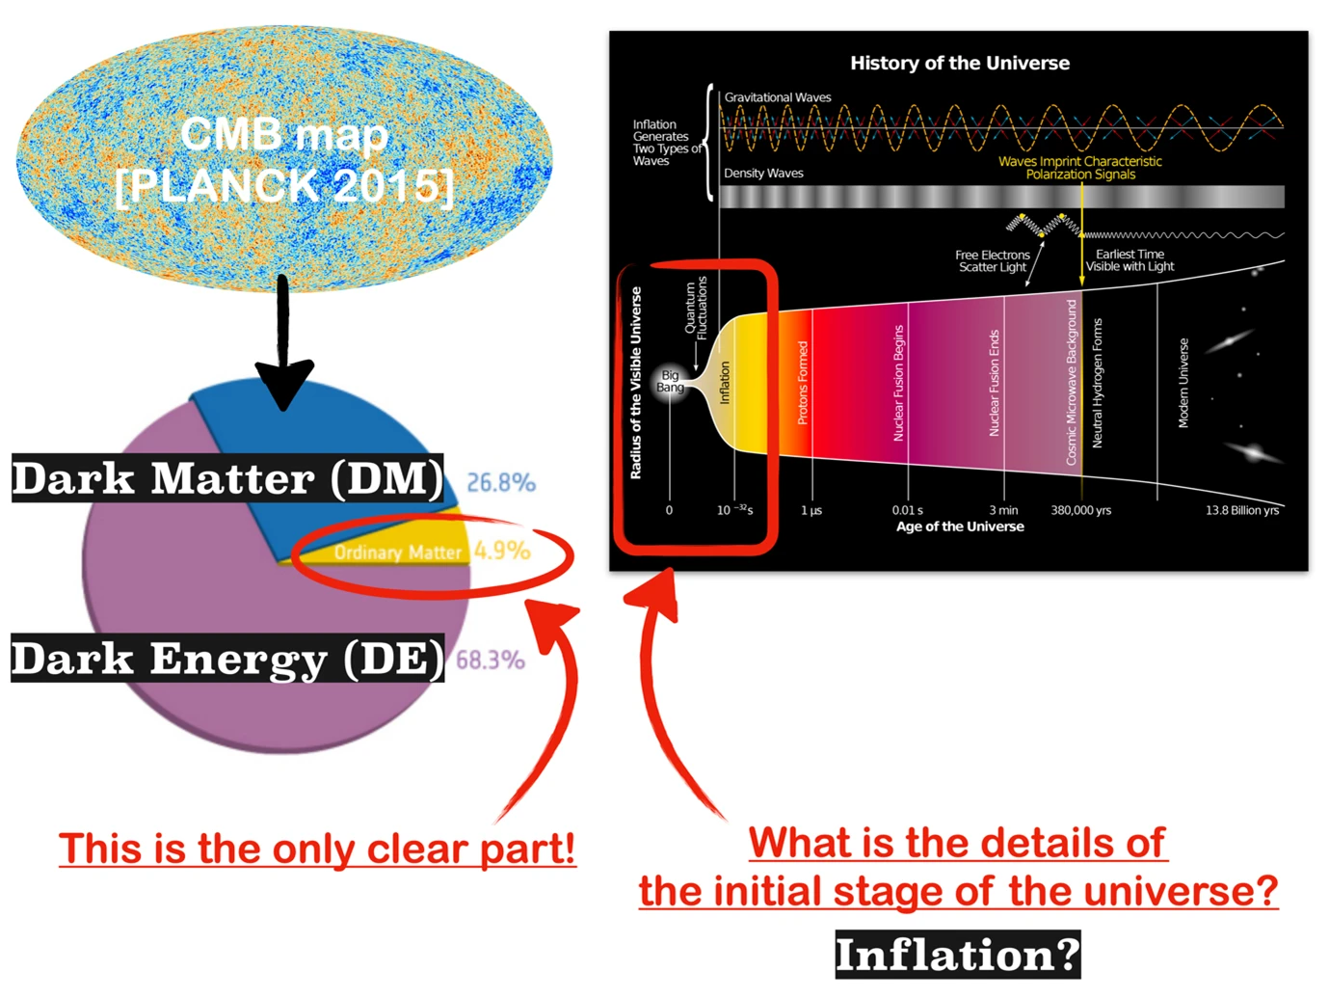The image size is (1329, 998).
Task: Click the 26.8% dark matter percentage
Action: pos(500,482)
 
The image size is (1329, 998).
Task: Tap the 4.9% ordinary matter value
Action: pos(501,551)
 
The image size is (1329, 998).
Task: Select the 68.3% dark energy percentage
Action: pos(490,660)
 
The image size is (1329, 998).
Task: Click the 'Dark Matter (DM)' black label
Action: pos(227,478)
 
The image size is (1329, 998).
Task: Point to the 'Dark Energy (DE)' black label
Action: pos(227,659)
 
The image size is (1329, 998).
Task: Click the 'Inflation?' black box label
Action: pos(957,955)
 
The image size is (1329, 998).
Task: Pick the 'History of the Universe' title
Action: pos(959,64)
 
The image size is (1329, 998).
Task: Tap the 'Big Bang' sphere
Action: pos(670,382)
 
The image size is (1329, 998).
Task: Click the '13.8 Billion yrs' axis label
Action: pos(1241,510)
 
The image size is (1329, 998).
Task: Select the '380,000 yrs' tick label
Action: pos(1080,510)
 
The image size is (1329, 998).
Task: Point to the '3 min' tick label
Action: pos(1003,510)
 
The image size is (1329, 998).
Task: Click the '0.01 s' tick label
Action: pos(907,510)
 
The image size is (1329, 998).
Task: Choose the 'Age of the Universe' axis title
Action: pos(960,526)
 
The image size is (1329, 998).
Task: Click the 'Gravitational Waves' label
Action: pos(778,97)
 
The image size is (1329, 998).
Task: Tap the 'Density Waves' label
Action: pos(763,174)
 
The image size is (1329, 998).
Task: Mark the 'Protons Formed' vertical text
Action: pos(803,383)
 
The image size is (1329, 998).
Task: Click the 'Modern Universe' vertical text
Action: pos(1183,383)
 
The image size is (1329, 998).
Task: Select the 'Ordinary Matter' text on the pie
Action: pos(397,553)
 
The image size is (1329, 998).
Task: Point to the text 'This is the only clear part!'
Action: pos(317,850)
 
